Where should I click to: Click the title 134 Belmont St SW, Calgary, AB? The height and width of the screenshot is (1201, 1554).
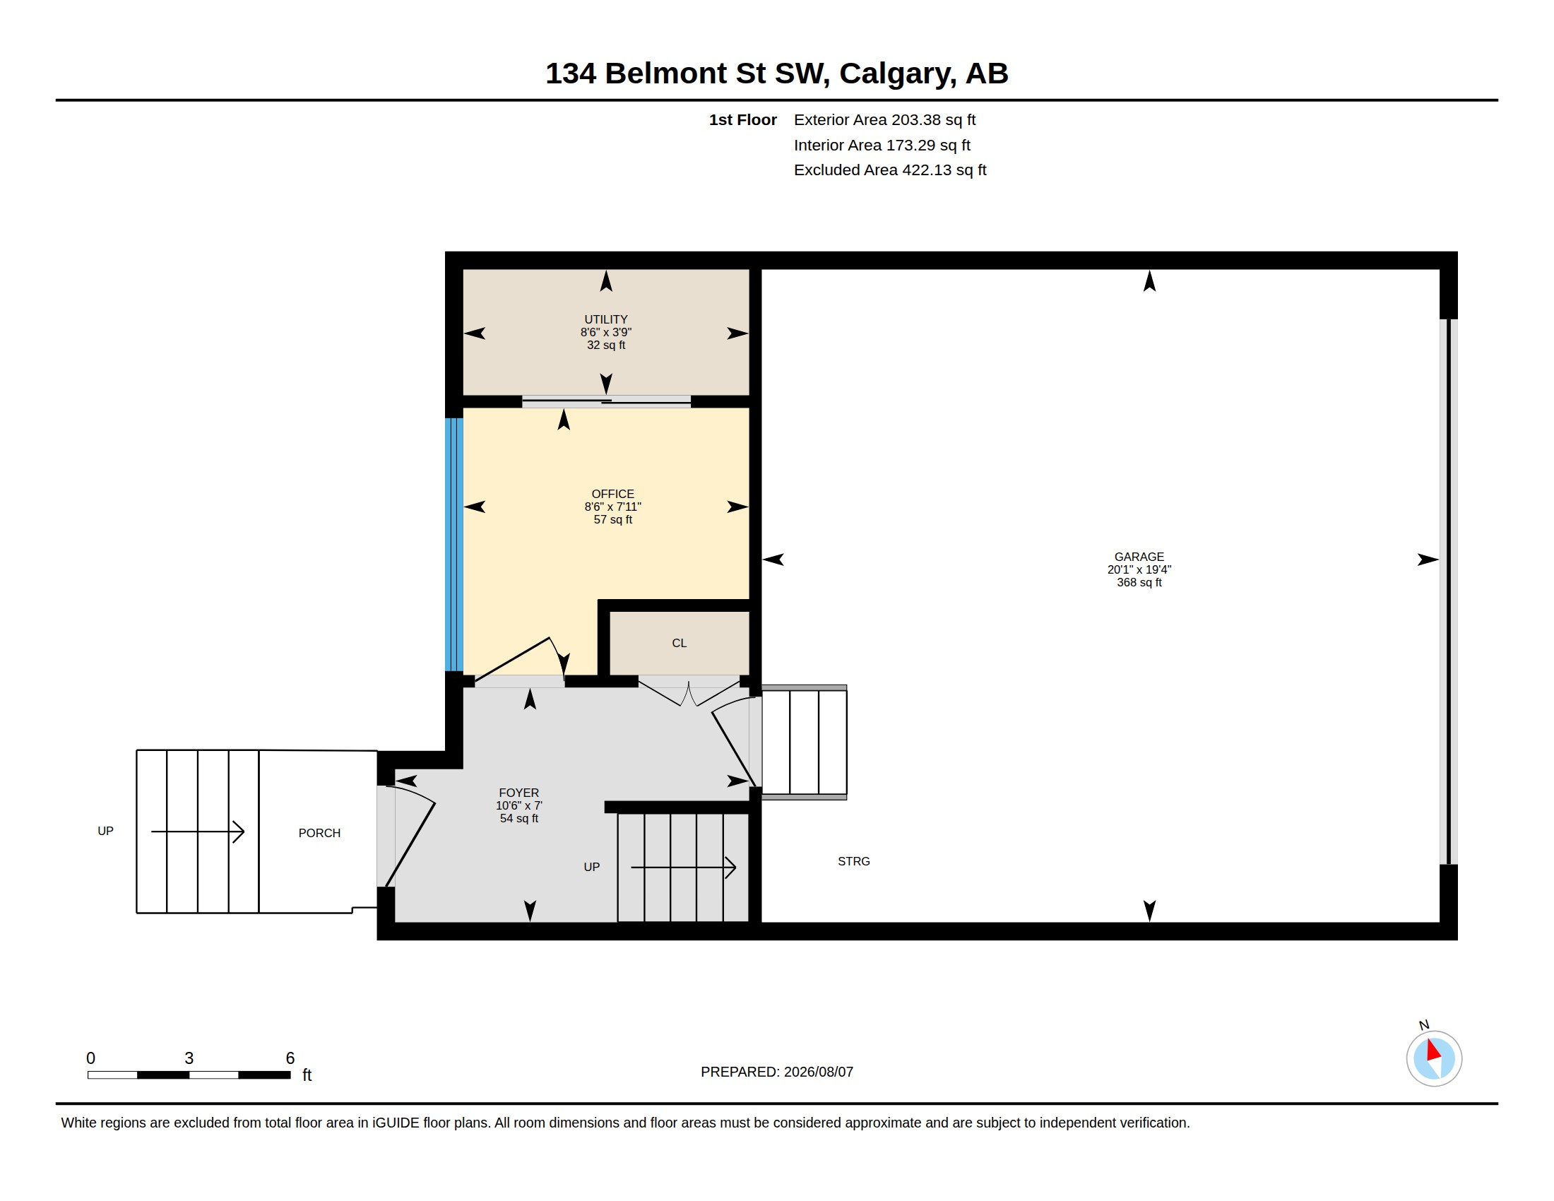tap(776, 73)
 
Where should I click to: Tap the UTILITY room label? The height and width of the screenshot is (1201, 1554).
tap(605, 319)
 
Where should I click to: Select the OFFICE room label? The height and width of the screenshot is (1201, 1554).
tap(612, 494)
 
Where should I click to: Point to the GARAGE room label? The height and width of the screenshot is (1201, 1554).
tap(1139, 557)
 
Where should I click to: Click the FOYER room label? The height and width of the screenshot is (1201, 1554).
tap(518, 793)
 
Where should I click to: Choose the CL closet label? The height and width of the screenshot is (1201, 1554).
tap(680, 643)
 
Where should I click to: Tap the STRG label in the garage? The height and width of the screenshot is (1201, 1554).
tap(854, 862)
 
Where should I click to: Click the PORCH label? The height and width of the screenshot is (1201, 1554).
tap(319, 833)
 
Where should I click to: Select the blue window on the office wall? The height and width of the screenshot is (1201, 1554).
tap(454, 544)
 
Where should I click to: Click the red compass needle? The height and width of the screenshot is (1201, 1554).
tap(1433, 1051)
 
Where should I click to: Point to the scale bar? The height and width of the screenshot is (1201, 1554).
tap(189, 1075)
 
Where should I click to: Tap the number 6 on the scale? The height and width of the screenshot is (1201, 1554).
tap(290, 1058)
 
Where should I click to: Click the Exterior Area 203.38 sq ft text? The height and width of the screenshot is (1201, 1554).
tap(884, 119)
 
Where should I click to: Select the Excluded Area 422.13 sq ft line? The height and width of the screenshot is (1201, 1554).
tap(890, 170)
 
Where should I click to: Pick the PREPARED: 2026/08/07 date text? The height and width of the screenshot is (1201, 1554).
tap(777, 1072)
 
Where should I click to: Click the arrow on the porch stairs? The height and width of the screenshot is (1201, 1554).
tap(198, 831)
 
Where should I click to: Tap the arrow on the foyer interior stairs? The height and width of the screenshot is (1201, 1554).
tap(683, 868)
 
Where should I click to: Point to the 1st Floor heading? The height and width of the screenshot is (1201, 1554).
tap(743, 119)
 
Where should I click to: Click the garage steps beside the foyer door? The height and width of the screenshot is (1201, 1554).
tap(804, 742)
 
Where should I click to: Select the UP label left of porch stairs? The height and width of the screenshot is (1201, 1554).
tap(105, 831)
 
